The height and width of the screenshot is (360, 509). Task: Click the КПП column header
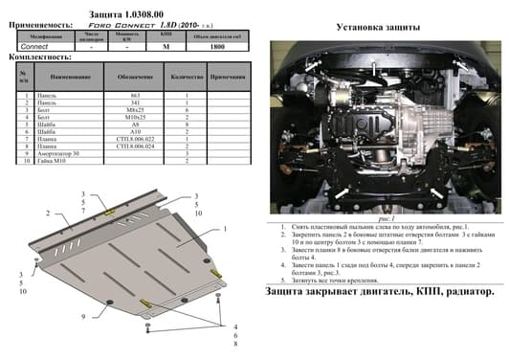167,36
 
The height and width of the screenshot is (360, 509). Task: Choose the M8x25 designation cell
134,111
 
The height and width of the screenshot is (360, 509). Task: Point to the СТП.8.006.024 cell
134,145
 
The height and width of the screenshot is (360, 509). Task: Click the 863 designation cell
134,97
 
